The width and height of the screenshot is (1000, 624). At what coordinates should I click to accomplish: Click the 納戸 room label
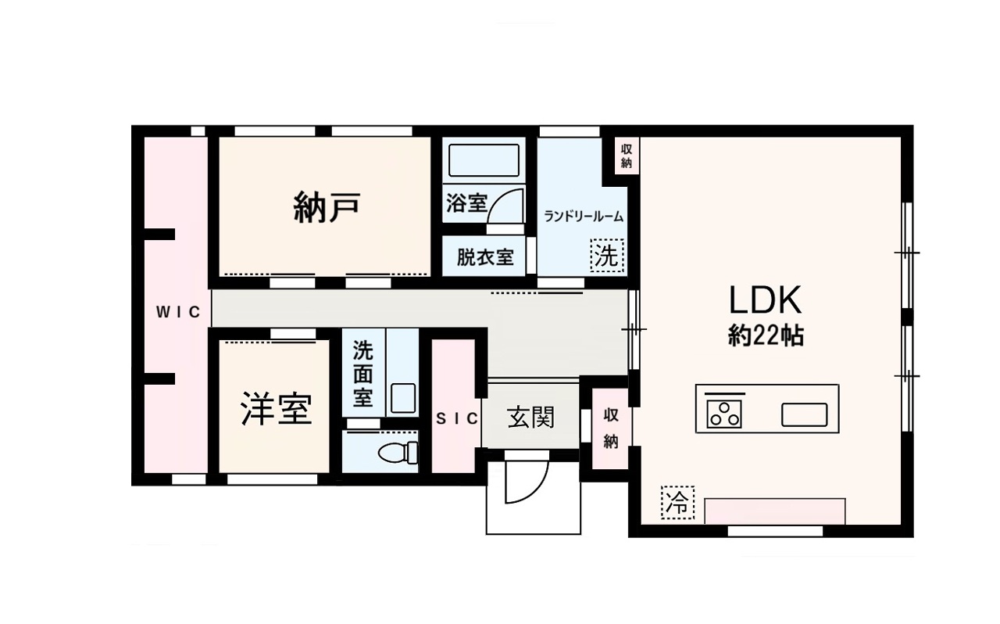pyautogui.click(x=327, y=208)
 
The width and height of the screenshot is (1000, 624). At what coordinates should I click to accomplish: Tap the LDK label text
pyautogui.click(x=765, y=301)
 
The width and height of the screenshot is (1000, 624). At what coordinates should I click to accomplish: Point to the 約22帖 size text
pyautogui.click(x=766, y=335)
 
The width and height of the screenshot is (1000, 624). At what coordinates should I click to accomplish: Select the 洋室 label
pyautogui.click(x=277, y=410)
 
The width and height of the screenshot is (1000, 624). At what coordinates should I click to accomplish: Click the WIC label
pyautogui.click(x=178, y=312)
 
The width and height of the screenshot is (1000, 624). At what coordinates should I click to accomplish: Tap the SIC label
pyautogui.click(x=457, y=419)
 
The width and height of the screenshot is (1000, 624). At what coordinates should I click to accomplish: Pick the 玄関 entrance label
pyautogui.click(x=530, y=417)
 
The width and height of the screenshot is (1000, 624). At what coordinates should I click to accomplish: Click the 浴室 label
pyautogui.click(x=466, y=204)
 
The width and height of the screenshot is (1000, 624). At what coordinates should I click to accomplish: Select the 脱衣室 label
pyautogui.click(x=485, y=257)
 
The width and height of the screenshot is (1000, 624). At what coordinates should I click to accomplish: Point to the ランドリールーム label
pyautogui.click(x=584, y=217)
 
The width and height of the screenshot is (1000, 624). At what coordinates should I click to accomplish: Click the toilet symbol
pyautogui.click(x=398, y=452)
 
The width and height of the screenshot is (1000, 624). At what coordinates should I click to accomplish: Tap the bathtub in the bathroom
pyautogui.click(x=484, y=160)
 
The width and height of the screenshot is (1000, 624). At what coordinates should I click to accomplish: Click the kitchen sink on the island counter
pyautogui.click(x=804, y=414)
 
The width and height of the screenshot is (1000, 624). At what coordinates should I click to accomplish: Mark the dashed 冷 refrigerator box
pyautogui.click(x=677, y=503)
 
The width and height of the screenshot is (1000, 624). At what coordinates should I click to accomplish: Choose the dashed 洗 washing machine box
pyautogui.click(x=607, y=255)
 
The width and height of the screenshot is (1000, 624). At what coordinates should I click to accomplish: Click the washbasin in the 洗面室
pyautogui.click(x=403, y=398)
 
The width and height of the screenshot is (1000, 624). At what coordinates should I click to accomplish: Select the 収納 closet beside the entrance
pyautogui.click(x=611, y=429)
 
